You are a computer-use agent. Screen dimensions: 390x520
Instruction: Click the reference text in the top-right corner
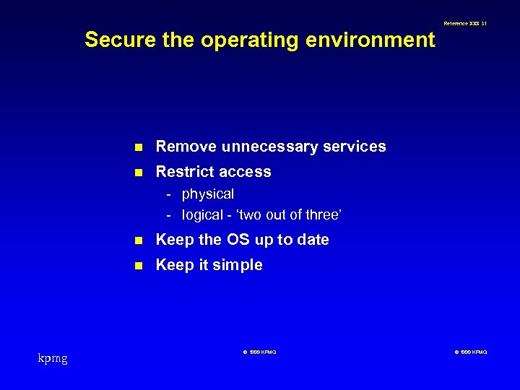465,24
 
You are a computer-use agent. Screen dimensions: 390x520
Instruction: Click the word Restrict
182,172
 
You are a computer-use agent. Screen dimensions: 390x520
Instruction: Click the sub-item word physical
208,194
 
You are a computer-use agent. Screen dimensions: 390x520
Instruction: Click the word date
313,240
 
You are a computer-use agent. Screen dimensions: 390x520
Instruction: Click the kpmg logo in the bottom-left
53,357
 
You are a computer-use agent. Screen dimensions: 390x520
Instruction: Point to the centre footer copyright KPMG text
259,352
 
